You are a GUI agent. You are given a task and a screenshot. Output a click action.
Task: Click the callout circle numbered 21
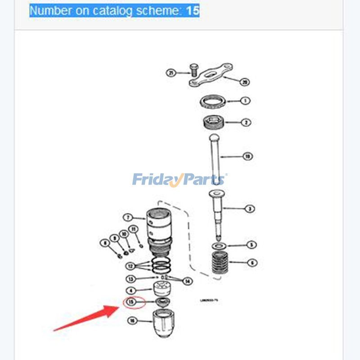coord(171,72)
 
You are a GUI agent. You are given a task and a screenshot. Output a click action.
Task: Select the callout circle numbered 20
coord(245,82)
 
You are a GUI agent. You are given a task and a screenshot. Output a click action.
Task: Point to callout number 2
coord(247,122)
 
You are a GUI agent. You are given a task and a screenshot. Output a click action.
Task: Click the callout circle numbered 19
coord(247,157)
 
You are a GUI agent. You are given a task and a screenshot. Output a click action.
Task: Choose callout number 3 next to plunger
coord(249,209)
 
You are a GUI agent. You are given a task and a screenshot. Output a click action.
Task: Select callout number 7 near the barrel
coord(127,217)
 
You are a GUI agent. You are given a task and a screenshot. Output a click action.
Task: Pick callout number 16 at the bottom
coord(132,321)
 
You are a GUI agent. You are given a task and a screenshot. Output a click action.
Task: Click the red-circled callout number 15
coord(131,302)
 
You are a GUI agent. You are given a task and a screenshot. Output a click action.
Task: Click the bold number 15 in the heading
coord(193,10)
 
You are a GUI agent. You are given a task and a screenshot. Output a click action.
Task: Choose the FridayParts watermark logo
coord(179,180)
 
